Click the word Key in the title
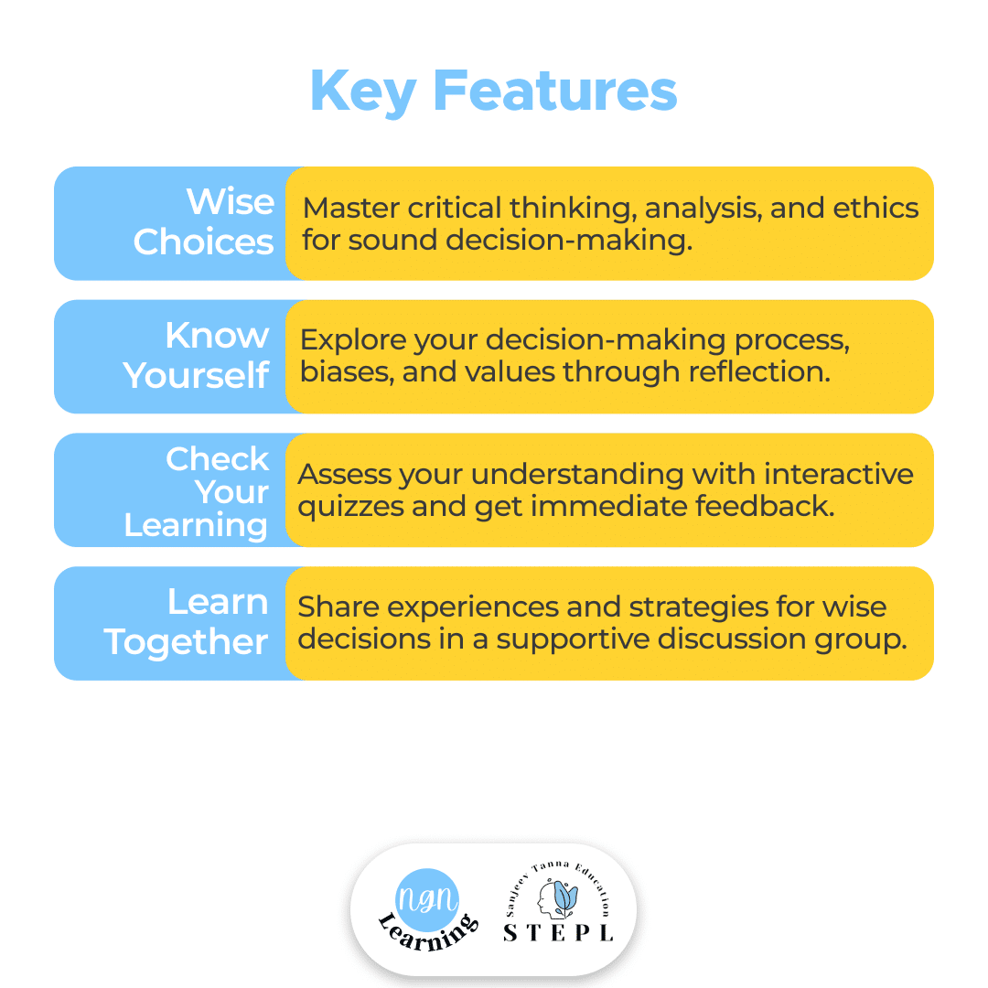[363, 92]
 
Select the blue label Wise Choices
[204, 221]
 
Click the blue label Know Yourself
[196, 355]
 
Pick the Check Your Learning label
[196, 492]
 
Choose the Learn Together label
[187, 622]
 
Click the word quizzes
[351, 507]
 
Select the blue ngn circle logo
[427, 900]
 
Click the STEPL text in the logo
[558, 932]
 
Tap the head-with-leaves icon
[558, 899]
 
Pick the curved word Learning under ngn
[428, 933]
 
